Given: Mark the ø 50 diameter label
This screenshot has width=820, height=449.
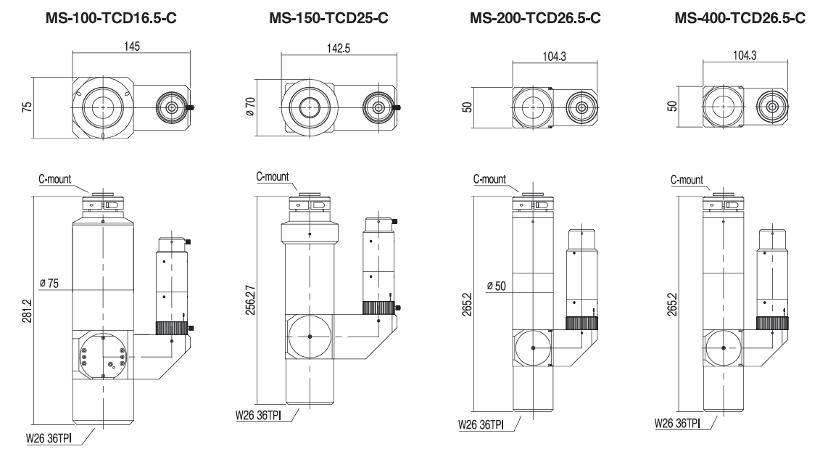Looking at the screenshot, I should [497, 285].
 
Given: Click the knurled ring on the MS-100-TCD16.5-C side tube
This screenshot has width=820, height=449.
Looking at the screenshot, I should [171, 329].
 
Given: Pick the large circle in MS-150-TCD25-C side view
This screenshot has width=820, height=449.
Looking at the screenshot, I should [309, 337].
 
